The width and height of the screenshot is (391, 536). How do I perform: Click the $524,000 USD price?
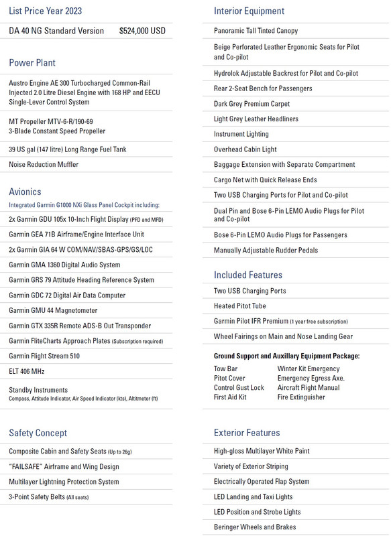142,31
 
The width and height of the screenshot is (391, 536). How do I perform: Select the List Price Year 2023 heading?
46,11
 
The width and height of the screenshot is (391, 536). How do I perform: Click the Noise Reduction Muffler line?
45,164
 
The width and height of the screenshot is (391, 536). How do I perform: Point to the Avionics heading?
25,192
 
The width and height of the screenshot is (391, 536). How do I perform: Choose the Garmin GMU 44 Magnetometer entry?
53,310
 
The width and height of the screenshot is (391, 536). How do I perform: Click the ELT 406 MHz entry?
27,371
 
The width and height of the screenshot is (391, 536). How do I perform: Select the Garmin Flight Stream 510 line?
44,356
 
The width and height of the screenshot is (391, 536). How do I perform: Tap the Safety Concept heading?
38,433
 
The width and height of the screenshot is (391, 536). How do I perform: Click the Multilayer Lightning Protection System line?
64,482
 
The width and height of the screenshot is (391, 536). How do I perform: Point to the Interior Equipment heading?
249,11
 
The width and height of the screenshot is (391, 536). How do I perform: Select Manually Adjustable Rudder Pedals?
266,250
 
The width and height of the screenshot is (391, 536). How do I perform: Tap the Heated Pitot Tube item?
240,306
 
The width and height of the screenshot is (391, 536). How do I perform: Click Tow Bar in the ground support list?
225,368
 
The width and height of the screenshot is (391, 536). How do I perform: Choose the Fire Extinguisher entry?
300,397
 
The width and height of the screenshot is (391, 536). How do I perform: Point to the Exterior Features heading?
247,433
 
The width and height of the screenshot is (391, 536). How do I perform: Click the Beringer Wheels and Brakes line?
255,527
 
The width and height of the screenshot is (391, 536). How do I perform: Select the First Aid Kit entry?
230,397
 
